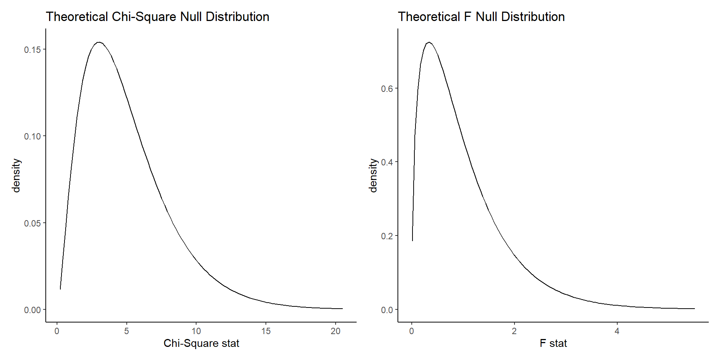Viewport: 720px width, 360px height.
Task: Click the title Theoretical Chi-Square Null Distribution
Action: (x=157, y=17)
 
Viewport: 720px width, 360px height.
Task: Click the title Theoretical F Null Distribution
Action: (x=481, y=17)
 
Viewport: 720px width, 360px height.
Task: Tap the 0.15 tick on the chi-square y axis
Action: (x=33, y=50)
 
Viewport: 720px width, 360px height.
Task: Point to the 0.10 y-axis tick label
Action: (x=33, y=136)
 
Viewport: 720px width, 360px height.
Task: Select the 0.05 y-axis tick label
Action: (x=33, y=223)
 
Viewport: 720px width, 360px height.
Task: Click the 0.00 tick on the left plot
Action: (x=33, y=310)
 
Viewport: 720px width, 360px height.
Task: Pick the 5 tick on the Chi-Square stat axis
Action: (x=127, y=331)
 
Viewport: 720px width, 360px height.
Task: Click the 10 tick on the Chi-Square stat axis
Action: (x=196, y=331)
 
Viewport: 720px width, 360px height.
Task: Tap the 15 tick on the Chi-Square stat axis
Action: (x=266, y=331)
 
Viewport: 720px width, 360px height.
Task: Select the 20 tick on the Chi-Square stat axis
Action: (x=336, y=331)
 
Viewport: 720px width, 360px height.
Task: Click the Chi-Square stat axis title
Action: (x=201, y=343)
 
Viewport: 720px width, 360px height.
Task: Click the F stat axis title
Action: (x=553, y=343)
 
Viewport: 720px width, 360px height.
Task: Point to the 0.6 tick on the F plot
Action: (x=387, y=89)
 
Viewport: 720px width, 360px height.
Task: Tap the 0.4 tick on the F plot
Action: (x=387, y=162)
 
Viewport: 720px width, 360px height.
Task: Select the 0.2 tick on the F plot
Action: (x=387, y=236)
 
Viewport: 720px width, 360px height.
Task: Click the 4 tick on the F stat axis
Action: (x=617, y=331)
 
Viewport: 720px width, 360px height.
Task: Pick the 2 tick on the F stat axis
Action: (x=514, y=331)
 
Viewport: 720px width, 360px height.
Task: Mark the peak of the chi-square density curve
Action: (x=99, y=42)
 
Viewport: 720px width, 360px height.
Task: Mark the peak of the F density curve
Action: (x=429, y=42)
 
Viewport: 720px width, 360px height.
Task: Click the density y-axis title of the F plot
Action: (x=373, y=175)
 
